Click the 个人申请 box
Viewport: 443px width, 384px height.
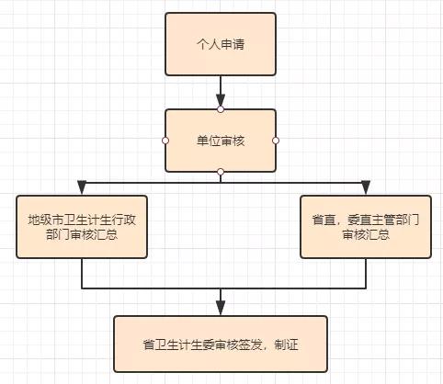[220, 43]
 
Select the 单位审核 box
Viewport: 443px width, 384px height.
[220, 141]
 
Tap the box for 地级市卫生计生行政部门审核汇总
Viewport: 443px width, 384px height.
[83, 226]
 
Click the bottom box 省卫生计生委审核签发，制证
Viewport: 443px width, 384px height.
[220, 344]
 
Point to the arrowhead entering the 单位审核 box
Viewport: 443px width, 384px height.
[221, 101]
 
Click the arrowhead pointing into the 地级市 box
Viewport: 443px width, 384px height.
[83, 188]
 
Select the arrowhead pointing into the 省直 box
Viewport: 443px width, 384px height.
[366, 188]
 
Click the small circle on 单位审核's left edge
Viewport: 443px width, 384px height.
[165, 141]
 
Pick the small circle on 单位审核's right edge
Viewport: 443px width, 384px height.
[276, 141]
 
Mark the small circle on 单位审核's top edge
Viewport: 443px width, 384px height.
[221, 109]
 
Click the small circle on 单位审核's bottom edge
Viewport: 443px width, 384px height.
[221, 172]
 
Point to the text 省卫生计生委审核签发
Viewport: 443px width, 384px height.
[195, 345]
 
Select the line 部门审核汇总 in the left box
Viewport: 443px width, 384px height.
[83, 235]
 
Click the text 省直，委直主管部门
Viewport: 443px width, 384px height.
[366, 219]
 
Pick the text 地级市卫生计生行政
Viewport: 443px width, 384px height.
[83, 219]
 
